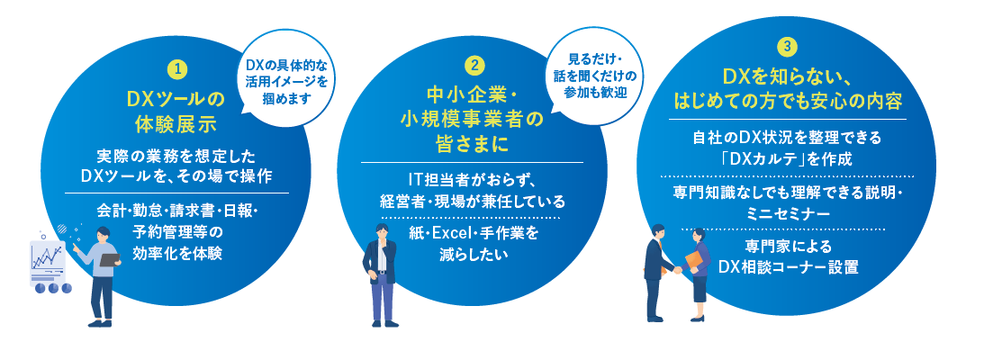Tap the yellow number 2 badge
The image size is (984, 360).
tap(474, 65)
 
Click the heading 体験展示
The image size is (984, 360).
tap(176, 124)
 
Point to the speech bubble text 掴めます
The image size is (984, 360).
tap(288, 98)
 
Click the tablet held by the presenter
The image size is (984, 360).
tap(111, 258)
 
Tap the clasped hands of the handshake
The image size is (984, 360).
tap(678, 270)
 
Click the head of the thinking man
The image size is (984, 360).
tap(383, 231)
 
